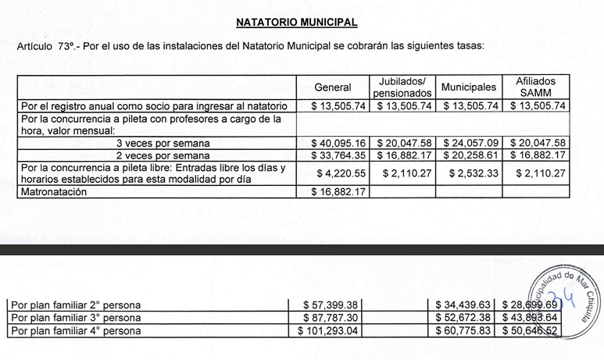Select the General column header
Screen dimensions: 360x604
[332, 87]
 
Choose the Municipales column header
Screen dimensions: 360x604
[469, 87]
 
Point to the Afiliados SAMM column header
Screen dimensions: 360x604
[535, 87]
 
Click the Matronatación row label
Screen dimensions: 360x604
[54, 191]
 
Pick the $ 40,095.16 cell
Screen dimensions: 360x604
[339, 143]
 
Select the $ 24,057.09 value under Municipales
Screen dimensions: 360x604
[470, 143]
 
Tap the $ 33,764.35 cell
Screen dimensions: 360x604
[339, 155]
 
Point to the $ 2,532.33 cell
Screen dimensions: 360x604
[472, 173]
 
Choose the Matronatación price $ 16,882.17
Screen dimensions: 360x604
[339, 191]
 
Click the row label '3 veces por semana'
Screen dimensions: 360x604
[163, 143]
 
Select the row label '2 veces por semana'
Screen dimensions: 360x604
[163, 155]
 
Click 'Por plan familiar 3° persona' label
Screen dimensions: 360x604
[74, 318]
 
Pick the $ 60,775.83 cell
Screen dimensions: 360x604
[466, 331]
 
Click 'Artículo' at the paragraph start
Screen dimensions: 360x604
[34, 47]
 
